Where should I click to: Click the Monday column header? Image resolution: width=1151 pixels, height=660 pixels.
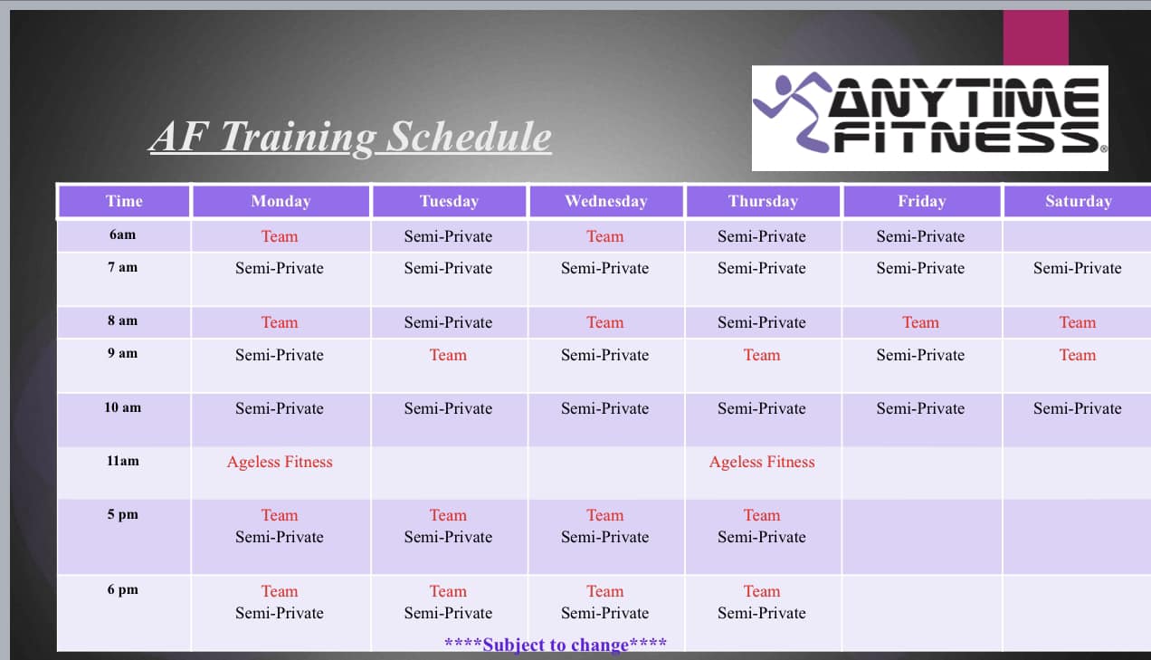(x=281, y=201)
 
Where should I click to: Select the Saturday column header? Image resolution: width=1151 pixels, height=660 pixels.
(x=1078, y=201)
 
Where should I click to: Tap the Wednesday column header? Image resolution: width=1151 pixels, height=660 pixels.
(x=606, y=201)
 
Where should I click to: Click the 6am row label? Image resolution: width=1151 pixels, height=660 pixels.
(x=122, y=234)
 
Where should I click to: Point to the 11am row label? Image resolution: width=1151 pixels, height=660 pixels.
(x=123, y=461)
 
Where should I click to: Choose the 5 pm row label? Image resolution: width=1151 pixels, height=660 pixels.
(x=123, y=514)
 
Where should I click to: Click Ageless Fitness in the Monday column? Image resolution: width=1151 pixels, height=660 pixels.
(x=280, y=462)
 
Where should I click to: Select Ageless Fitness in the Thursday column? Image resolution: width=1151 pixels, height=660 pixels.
(x=762, y=462)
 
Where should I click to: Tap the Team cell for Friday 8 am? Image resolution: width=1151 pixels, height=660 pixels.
(x=920, y=322)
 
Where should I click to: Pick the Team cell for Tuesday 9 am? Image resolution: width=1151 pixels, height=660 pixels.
(x=448, y=355)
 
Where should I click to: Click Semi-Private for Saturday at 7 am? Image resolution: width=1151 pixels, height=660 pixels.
(x=1078, y=268)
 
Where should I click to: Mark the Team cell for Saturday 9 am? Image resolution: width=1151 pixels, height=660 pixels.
(x=1078, y=355)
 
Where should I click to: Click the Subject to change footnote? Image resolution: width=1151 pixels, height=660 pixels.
(x=556, y=645)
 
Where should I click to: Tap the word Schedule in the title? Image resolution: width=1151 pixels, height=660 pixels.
(x=469, y=137)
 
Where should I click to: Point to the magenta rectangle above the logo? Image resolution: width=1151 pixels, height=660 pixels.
(x=1036, y=37)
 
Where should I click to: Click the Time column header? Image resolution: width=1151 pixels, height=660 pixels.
(x=124, y=201)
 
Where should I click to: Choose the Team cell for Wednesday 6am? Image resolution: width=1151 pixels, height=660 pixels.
(x=604, y=236)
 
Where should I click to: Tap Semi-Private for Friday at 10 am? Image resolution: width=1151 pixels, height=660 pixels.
(x=920, y=408)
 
